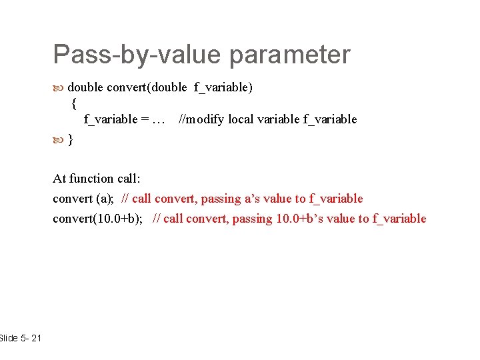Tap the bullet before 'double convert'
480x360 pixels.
pos(59,87)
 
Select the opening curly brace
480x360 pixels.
pos(73,103)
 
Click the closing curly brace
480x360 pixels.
pos(71,140)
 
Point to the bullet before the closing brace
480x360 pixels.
pos(59,140)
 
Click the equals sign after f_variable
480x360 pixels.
pos(145,120)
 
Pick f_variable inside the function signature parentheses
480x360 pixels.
pos(221,87)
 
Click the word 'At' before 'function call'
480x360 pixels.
pos(59,178)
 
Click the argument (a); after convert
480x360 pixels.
pos(105,199)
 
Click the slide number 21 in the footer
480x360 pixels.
pos(35,339)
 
